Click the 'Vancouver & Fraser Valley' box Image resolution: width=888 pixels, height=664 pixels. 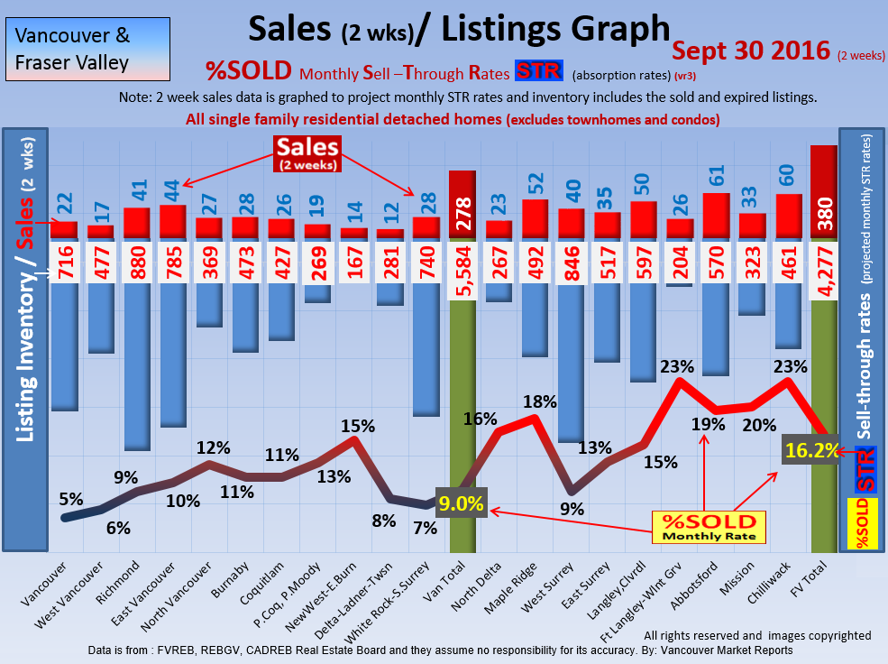[x=73, y=50]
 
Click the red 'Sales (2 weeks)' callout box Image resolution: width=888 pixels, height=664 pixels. [x=307, y=153]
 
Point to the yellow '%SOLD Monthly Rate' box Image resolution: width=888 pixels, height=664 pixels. [x=708, y=527]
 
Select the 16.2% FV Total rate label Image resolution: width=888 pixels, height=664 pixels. [x=810, y=450]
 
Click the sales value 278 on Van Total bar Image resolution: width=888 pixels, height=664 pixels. [x=462, y=213]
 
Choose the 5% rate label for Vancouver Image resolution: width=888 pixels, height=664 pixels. [x=71, y=497]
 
